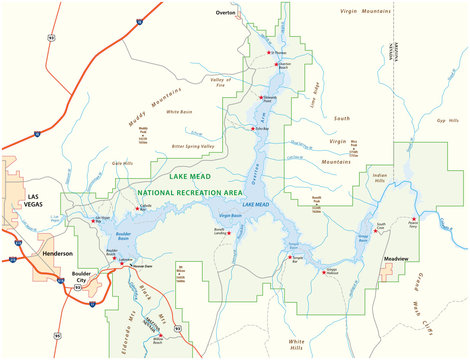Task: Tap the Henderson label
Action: (58, 254)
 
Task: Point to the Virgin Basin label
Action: (230, 215)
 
